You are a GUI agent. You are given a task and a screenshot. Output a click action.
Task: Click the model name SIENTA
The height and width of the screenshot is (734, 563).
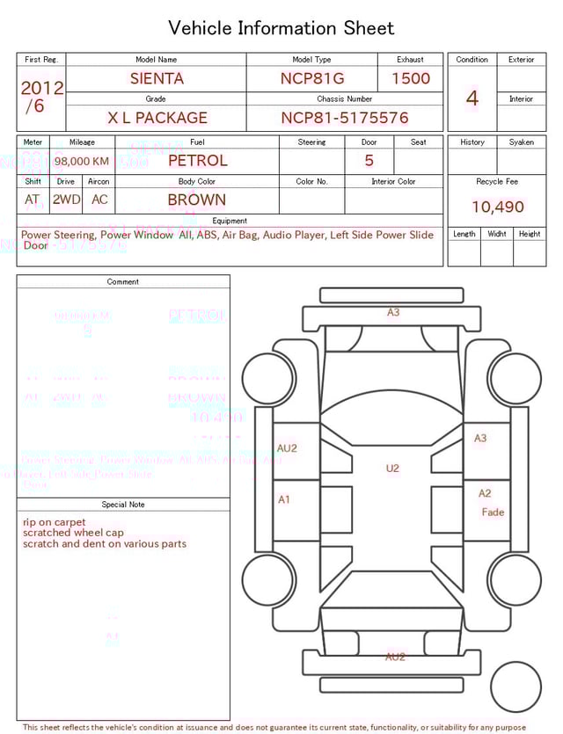(157, 78)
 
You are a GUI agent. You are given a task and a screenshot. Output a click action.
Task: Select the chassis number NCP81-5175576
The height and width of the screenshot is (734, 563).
(344, 118)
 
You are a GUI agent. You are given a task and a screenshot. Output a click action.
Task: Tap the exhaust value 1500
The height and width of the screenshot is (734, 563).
(411, 78)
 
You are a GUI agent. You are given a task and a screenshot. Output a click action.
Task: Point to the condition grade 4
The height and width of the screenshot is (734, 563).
(472, 98)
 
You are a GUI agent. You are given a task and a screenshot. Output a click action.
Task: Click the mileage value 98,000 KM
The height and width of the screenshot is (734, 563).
(82, 161)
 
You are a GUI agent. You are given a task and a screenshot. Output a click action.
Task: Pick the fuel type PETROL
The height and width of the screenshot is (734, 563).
(197, 160)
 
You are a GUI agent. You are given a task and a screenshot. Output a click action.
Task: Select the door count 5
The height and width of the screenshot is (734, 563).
(369, 160)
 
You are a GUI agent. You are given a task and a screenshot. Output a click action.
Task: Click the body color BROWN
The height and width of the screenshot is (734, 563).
(196, 200)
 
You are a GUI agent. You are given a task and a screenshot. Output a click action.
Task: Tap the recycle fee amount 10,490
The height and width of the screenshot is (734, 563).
(497, 207)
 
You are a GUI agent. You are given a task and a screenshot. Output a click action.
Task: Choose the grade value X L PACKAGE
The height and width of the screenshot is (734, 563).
(157, 118)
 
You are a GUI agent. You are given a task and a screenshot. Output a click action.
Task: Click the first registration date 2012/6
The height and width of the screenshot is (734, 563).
(41, 97)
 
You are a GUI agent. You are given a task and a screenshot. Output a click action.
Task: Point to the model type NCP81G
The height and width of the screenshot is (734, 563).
(312, 78)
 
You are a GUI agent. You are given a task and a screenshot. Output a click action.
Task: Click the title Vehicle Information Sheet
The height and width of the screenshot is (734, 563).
(281, 28)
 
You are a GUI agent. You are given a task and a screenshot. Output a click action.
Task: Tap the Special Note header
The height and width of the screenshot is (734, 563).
(123, 505)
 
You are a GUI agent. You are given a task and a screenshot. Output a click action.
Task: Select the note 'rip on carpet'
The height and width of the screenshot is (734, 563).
(55, 522)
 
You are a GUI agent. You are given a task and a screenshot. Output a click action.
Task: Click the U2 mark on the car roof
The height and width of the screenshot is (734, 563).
(392, 469)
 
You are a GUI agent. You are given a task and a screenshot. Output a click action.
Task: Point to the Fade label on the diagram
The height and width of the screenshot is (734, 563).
(493, 512)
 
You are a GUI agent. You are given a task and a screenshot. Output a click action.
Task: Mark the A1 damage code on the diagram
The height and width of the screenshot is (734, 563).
(284, 499)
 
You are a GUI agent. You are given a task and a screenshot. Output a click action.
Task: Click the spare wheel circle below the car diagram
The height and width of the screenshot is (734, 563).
(516, 687)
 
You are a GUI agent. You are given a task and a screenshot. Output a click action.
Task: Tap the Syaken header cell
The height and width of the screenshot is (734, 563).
(521, 142)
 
